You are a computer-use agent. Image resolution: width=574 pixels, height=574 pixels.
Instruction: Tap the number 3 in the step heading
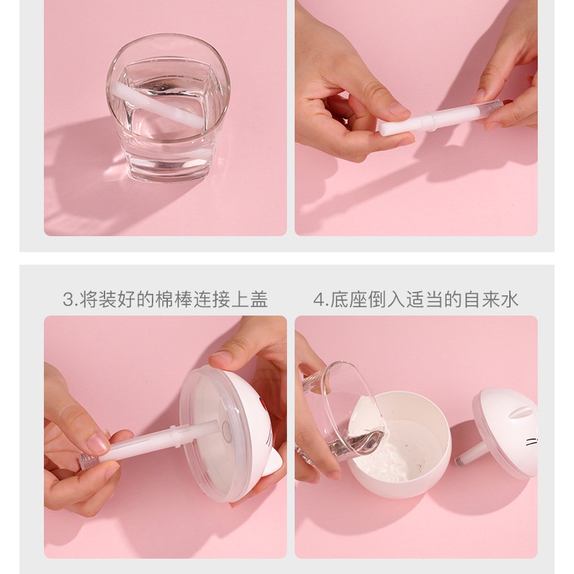tap(68, 300)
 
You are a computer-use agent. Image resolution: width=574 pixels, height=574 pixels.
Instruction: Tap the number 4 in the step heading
tap(319, 300)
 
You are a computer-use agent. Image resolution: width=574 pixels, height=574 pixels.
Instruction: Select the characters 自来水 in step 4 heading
tap(491, 300)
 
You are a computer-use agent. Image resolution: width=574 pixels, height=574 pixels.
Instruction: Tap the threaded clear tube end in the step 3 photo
tap(85, 460)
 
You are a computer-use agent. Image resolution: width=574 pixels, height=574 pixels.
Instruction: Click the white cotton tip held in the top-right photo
tap(402, 124)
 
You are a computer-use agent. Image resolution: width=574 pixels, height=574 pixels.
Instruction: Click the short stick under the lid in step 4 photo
tap(471, 454)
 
